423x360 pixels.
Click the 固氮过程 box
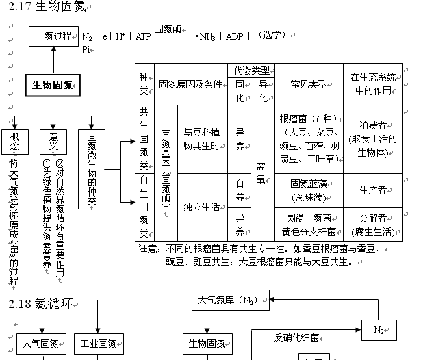coord(53,36)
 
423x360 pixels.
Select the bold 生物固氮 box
coord(53,85)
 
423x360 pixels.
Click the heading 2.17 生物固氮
coord(49,7)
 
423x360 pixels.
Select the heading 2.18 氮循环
coord(40,303)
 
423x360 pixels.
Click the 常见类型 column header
coord(309,84)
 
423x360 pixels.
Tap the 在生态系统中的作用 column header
coord(372,84)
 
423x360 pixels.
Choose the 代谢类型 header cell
coord(251,70)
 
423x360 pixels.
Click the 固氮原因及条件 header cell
coord(191,84)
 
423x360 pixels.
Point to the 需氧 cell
coord(262,172)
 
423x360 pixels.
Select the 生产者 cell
coord(372,190)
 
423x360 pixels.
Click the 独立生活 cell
coord(201,207)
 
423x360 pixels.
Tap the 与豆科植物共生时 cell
coord(201,138)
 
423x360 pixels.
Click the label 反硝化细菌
coord(296,337)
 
